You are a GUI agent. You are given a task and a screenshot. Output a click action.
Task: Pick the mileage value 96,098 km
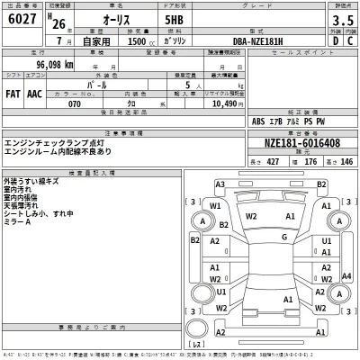pyautogui.click(x=42, y=65)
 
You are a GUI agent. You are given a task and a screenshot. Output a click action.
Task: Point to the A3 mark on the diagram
pyautogui.click(x=220, y=184)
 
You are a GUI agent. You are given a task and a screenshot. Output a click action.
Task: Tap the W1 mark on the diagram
pyautogui.click(x=215, y=206)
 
